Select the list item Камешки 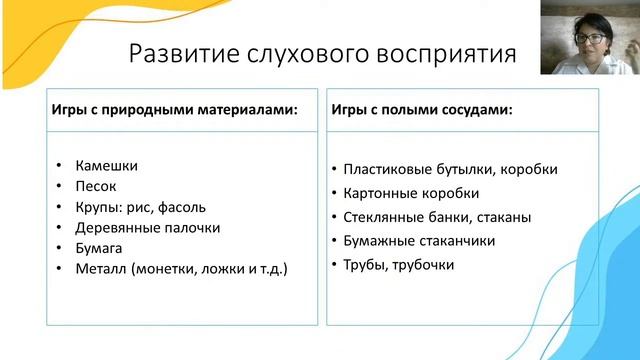pos(106,165)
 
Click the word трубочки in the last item pos(424,265)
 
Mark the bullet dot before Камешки pos(61,166)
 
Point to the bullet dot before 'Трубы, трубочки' pos(332,265)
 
